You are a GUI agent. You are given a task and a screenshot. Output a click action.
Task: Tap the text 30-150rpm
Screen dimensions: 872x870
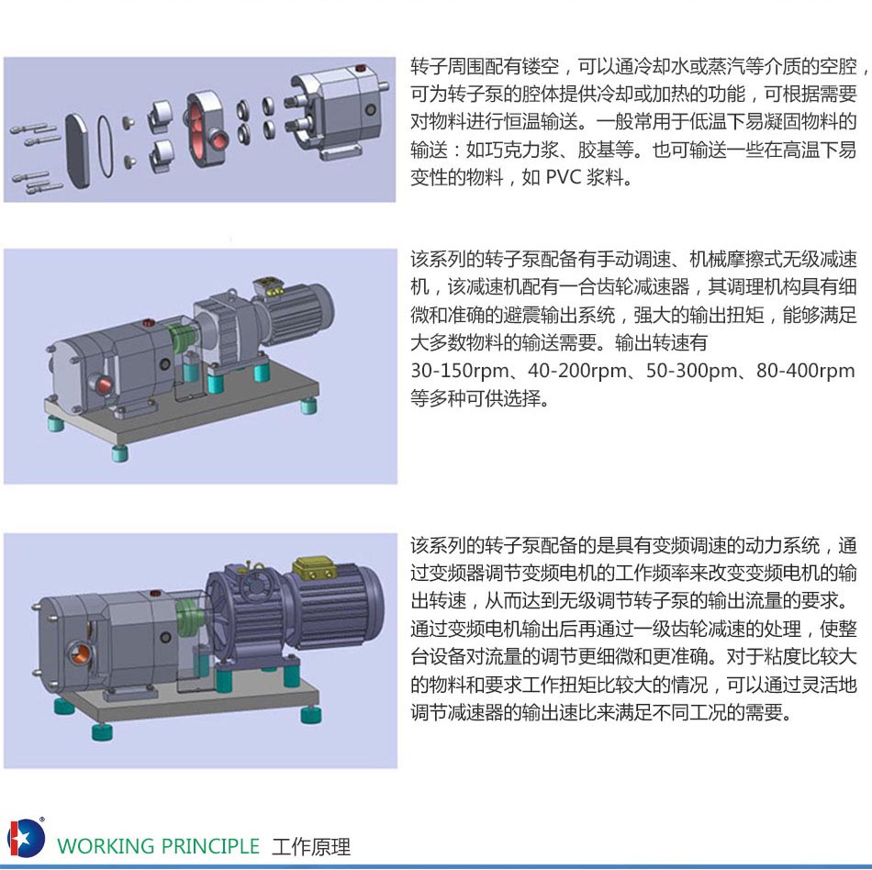point(460,371)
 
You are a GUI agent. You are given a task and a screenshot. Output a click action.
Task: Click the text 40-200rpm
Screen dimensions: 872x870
point(576,371)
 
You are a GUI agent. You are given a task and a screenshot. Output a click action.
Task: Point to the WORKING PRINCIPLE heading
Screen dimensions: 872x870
point(159,846)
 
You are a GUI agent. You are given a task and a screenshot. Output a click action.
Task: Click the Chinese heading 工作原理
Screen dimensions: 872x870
point(311,847)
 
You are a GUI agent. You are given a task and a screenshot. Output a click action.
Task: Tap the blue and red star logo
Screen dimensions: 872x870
point(25,837)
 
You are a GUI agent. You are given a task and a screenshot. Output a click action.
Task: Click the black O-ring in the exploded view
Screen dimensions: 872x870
point(106,146)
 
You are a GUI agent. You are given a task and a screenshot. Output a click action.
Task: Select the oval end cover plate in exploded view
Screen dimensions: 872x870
point(77,151)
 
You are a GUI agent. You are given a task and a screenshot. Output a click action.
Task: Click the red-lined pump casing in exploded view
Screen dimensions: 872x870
point(204,130)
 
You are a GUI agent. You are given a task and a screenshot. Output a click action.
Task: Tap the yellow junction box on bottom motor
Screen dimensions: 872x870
point(315,568)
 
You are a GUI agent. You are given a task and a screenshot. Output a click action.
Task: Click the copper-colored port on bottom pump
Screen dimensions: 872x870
point(80,652)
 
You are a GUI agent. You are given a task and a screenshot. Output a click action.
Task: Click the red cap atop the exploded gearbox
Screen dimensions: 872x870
point(361,69)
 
